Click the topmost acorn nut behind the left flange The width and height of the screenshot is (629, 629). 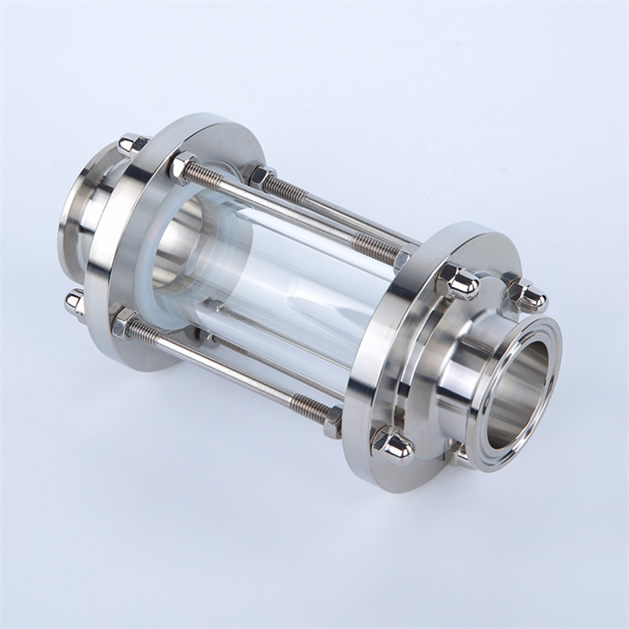[133, 143]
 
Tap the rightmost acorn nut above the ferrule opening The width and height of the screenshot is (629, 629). [528, 295]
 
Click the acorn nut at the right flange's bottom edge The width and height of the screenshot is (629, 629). [392, 444]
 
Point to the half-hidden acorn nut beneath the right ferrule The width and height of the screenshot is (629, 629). [457, 449]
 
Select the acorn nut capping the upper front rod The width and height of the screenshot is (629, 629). [457, 282]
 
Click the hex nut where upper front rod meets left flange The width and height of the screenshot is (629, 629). [182, 166]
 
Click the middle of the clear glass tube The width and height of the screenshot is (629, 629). [285, 285]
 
